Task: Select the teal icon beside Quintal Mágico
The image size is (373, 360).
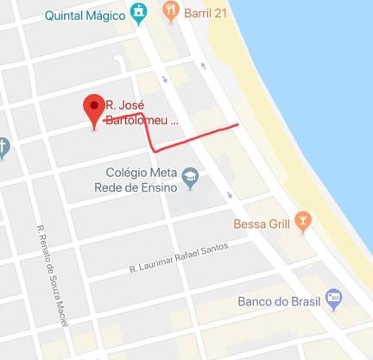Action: (x=137, y=12)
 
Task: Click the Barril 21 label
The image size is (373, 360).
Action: (x=205, y=12)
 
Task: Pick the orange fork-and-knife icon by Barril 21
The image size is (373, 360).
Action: (x=171, y=12)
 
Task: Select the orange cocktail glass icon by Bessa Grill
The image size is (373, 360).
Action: (x=302, y=223)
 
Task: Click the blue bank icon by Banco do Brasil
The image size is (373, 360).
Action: (x=333, y=300)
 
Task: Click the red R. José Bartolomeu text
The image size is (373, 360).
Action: (x=142, y=113)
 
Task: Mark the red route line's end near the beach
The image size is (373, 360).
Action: (x=237, y=124)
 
